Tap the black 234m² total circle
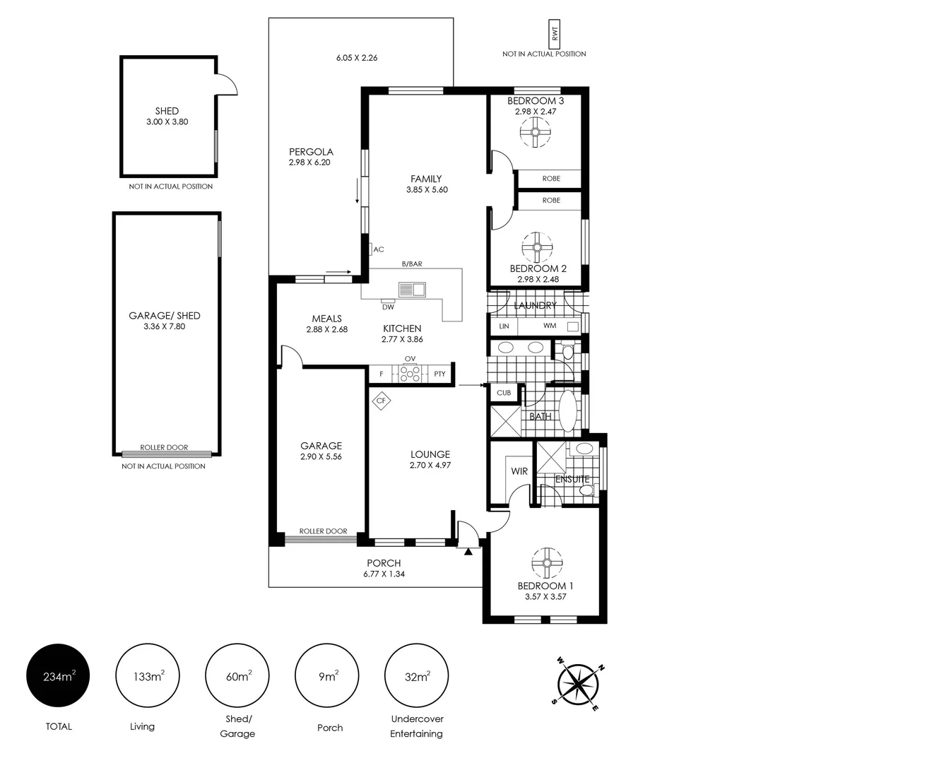(x=59, y=677)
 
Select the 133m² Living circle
(x=148, y=677)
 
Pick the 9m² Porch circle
(x=327, y=677)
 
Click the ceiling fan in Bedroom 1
(x=546, y=562)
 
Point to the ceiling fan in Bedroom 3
(x=536, y=132)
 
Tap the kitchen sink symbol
(x=411, y=289)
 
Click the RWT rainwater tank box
(x=555, y=33)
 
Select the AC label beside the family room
(x=379, y=249)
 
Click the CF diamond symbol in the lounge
(x=382, y=401)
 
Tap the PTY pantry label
(x=439, y=374)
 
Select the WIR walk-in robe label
(x=519, y=471)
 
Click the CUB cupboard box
(x=504, y=393)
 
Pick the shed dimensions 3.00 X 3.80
(x=167, y=122)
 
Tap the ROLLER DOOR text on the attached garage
(x=323, y=531)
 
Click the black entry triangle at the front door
(x=468, y=551)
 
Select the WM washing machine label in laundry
(x=550, y=326)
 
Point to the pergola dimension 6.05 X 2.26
(x=357, y=58)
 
